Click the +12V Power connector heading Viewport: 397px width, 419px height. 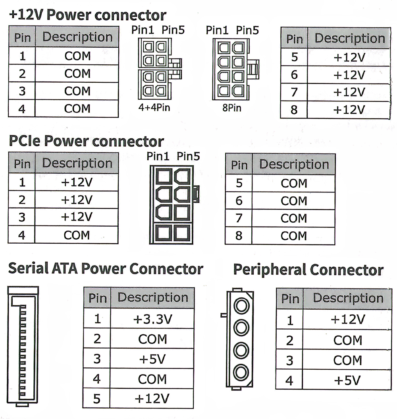87,16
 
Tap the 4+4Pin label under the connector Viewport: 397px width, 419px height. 154,107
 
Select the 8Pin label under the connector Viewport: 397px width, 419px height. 231,108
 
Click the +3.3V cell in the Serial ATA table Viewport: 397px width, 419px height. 153,319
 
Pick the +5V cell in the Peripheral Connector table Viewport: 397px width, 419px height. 347,380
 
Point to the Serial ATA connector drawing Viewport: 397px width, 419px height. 23,346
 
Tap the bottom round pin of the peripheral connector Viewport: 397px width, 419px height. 241,372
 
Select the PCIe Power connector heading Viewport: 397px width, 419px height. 86,141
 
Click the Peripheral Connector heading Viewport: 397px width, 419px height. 308,270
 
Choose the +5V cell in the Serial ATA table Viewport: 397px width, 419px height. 153,359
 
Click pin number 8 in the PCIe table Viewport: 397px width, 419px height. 239,236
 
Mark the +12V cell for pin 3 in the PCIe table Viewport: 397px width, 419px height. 77,217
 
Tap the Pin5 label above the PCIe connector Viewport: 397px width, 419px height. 188,157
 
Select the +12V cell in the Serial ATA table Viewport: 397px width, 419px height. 153,399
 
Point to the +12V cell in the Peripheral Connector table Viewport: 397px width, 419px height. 347,319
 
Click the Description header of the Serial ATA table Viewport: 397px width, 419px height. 153,298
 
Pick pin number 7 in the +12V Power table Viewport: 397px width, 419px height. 294,92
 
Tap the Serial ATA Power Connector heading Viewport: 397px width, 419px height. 106,269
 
